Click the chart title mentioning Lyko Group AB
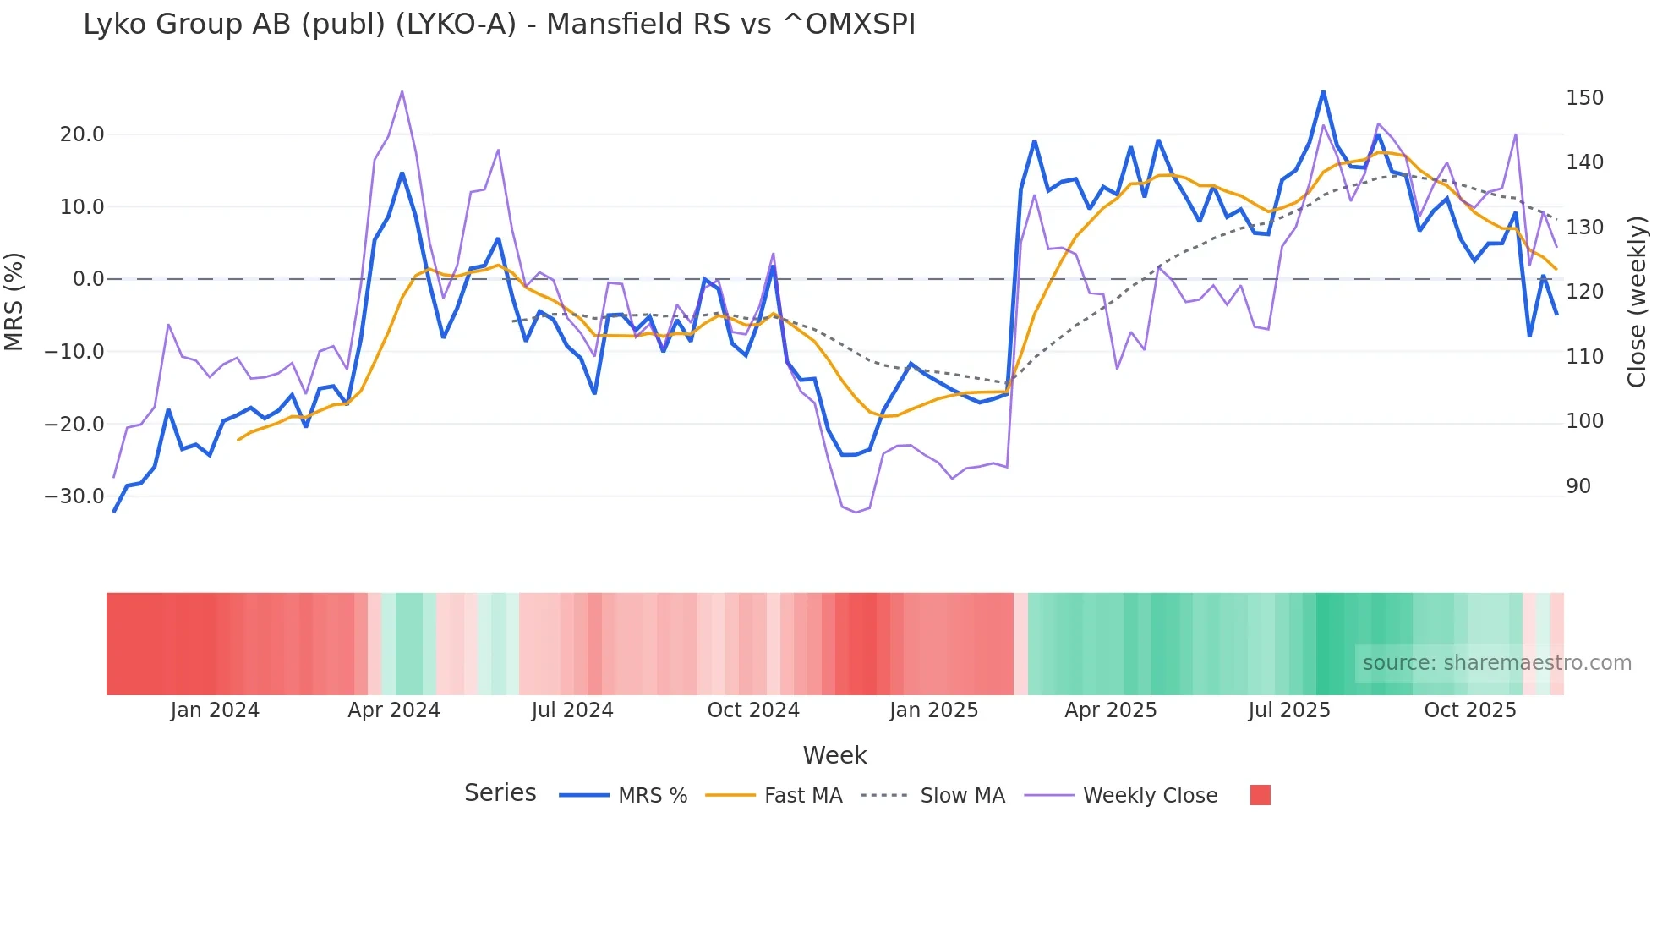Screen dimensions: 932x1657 pos(499,25)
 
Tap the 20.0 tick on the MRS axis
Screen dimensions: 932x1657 pos(82,134)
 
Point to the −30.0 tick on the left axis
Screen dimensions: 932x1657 pos(74,496)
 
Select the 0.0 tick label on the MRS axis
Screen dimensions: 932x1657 pos(88,279)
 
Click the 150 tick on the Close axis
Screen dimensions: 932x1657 pos(1584,98)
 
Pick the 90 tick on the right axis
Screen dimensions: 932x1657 pos(1578,486)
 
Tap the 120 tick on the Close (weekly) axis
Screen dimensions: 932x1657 pos(1584,292)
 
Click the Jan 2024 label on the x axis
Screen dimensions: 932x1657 pos(215,710)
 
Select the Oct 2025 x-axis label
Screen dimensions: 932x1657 pos(1470,710)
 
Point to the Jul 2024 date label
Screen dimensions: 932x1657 pos(572,710)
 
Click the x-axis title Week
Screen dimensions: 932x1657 pos(834,755)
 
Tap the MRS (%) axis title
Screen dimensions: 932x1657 pos(14,302)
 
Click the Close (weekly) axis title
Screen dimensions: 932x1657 pos(1638,302)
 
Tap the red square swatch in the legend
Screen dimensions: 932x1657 pos(1260,795)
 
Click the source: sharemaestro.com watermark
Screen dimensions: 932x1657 pos(1496,663)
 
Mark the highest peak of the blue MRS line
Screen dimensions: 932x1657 pos(1323,91)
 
